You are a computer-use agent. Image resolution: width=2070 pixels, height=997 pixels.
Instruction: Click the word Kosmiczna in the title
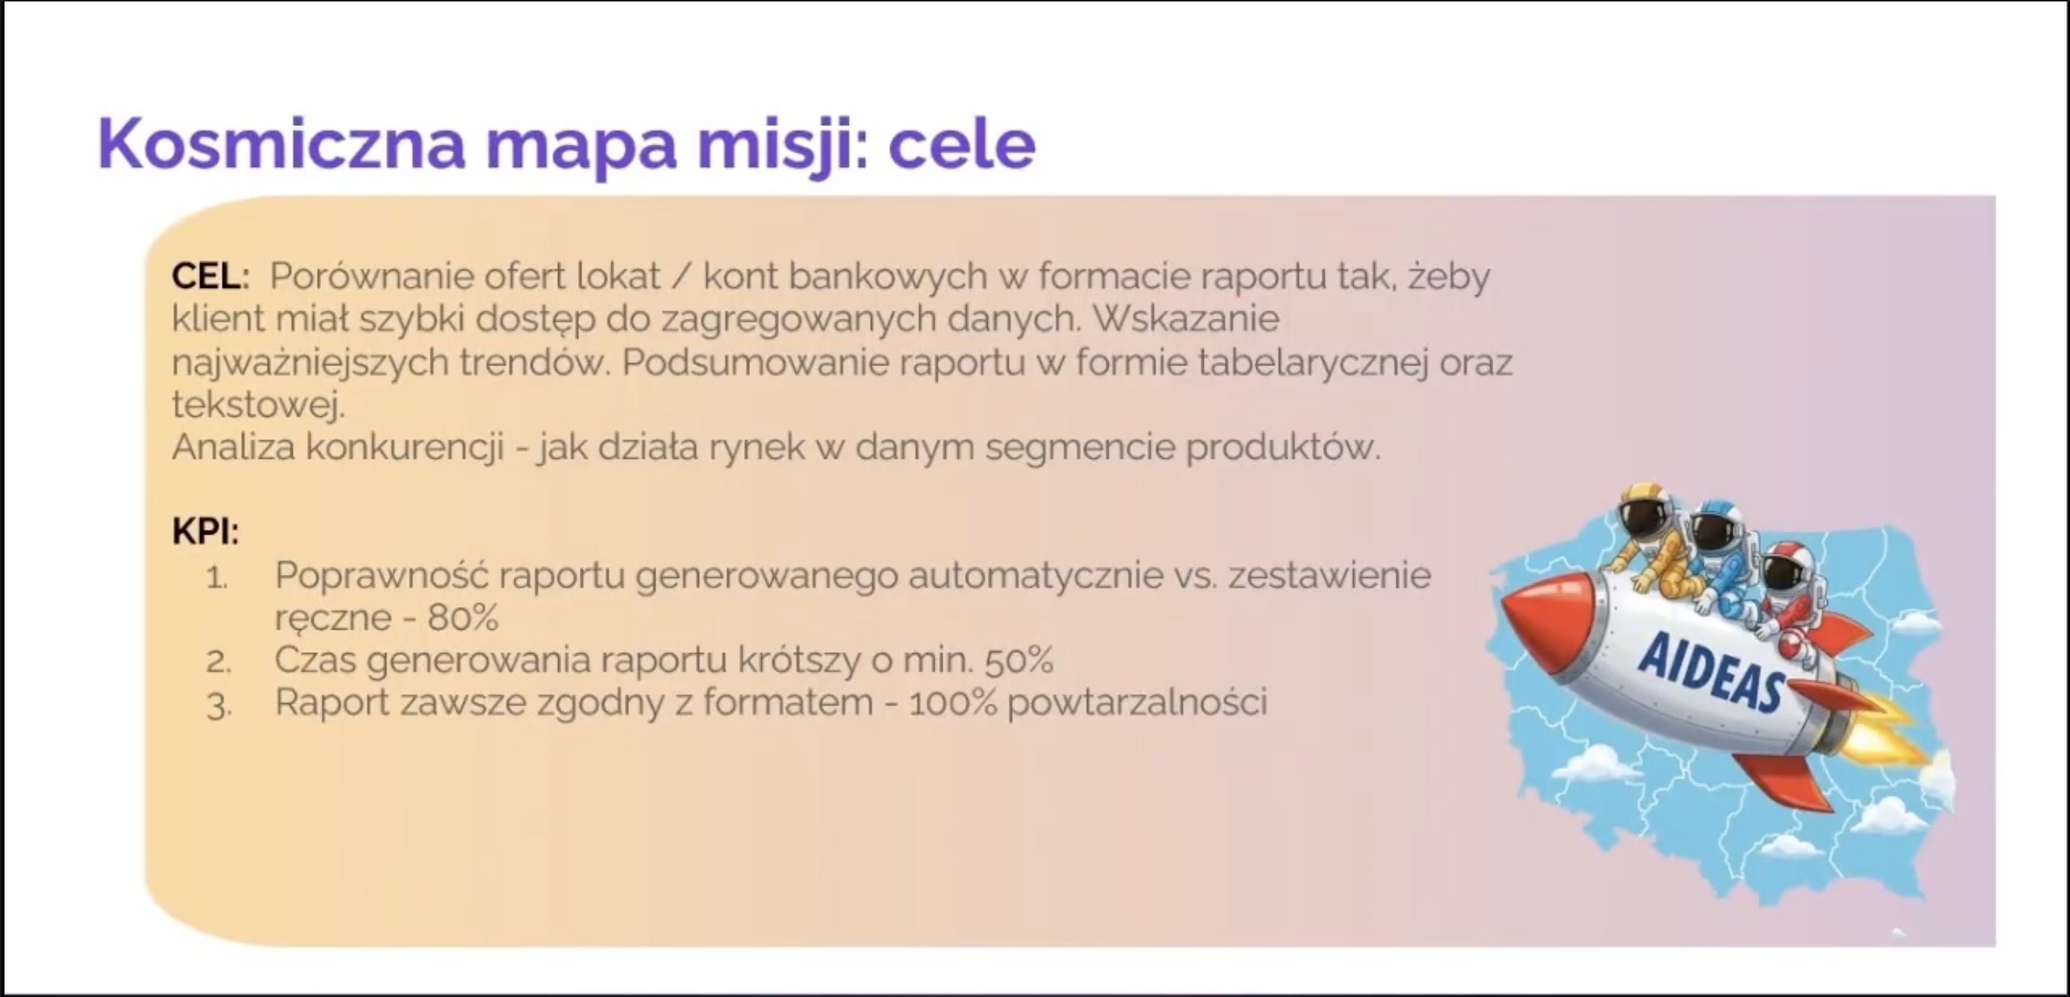(x=282, y=145)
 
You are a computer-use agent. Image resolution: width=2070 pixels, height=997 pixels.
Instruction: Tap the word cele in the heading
(x=961, y=145)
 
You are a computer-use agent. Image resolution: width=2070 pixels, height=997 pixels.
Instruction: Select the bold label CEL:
(x=211, y=277)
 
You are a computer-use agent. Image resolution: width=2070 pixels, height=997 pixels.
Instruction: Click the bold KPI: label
(x=205, y=531)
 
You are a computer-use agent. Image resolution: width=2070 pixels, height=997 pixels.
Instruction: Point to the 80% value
(x=463, y=618)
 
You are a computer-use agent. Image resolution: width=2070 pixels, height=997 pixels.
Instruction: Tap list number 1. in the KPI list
(x=217, y=576)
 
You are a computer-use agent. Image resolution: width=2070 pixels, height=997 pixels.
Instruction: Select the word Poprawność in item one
(x=382, y=576)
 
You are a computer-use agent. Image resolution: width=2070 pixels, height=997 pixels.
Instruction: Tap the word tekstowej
(x=258, y=404)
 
